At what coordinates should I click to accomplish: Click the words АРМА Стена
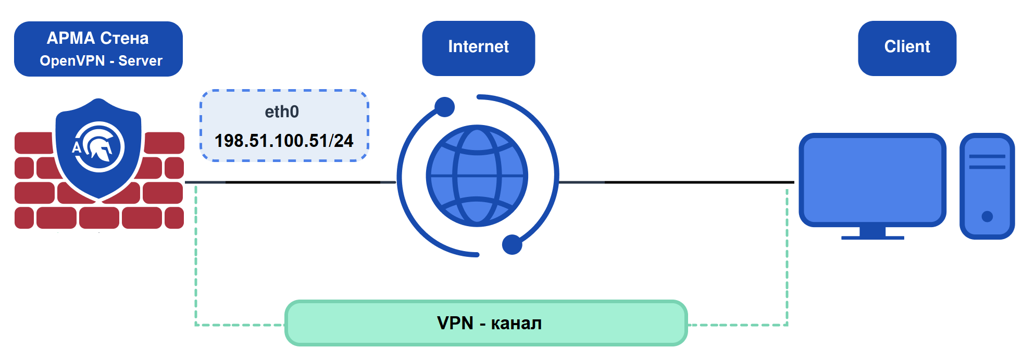click(x=98, y=38)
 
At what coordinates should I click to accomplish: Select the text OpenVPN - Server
click(x=101, y=61)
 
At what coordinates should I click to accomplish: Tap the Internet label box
click(x=478, y=47)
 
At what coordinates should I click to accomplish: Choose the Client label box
click(x=907, y=47)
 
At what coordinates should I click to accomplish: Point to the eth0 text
click(x=282, y=111)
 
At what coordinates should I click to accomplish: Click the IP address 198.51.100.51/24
click(x=284, y=141)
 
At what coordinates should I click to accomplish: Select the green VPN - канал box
click(x=486, y=323)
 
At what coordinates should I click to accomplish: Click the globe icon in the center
click(x=477, y=176)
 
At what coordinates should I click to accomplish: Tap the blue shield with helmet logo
click(x=98, y=148)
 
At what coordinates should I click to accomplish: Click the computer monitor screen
click(x=872, y=179)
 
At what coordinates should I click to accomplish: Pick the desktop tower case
click(x=987, y=186)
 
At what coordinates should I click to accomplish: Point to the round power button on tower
click(x=987, y=216)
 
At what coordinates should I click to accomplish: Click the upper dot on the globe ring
click(x=444, y=107)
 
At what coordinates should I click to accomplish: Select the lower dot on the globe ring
click(x=512, y=244)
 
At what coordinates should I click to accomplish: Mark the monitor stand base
click(x=872, y=237)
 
